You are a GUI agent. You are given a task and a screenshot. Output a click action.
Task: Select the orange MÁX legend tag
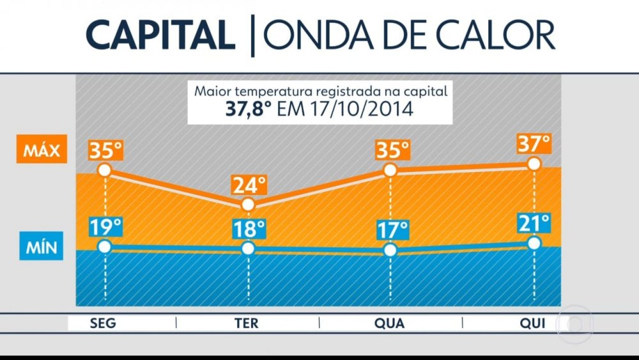tap(42, 152)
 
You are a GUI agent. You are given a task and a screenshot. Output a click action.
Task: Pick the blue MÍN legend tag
tap(42, 247)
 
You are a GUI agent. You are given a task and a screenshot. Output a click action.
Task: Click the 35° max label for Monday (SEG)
tap(105, 151)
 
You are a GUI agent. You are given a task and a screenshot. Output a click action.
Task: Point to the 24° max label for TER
tap(249, 185)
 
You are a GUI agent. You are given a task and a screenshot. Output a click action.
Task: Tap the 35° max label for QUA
tap(391, 151)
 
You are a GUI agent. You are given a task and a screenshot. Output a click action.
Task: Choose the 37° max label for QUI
tap(534, 144)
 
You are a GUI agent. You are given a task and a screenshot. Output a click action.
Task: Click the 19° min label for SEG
tap(105, 228)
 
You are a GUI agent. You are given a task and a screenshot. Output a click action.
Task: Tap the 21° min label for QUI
tap(534, 224)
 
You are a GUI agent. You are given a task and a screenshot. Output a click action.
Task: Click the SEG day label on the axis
tap(104, 324)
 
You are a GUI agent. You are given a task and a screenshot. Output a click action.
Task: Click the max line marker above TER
tap(249, 205)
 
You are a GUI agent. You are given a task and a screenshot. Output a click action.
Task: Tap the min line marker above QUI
tap(534, 243)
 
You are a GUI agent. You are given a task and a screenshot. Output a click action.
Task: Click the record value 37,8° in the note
tap(250, 109)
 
